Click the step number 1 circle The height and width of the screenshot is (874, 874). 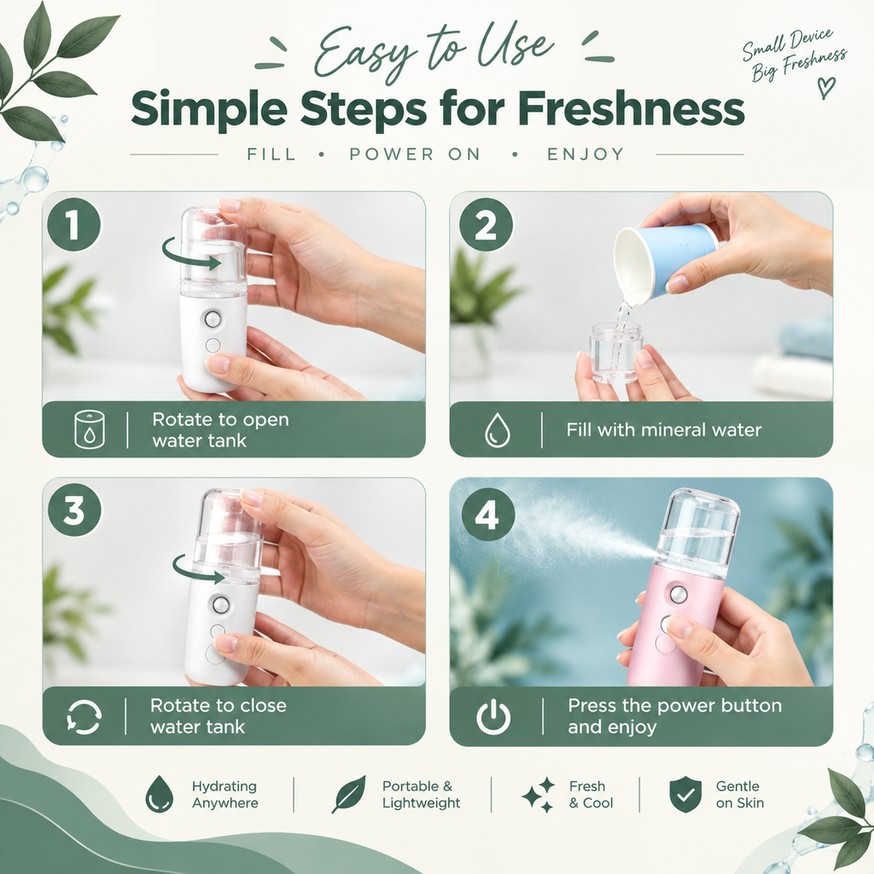[x=74, y=224]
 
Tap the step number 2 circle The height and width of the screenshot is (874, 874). [x=486, y=224]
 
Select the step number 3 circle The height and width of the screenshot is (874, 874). [x=74, y=510]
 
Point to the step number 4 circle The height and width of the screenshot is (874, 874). [x=487, y=514]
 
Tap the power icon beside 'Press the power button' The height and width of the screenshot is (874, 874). [x=493, y=716]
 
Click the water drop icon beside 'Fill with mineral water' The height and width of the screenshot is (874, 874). [x=498, y=430]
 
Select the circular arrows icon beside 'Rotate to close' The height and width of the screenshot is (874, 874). [x=84, y=716]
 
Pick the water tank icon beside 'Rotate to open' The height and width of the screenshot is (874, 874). [x=89, y=430]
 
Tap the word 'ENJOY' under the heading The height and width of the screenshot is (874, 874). [x=586, y=154]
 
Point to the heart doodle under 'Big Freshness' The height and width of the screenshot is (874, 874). [x=826, y=87]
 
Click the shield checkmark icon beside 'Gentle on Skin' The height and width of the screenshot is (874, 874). [x=685, y=794]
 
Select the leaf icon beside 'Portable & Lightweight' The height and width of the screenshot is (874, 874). [x=349, y=794]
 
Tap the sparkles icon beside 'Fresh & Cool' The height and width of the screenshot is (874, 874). [x=539, y=795]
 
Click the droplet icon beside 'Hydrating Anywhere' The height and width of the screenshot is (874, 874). [x=159, y=794]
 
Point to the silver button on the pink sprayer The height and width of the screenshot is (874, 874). [x=679, y=595]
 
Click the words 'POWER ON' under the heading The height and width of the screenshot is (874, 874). [x=415, y=154]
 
